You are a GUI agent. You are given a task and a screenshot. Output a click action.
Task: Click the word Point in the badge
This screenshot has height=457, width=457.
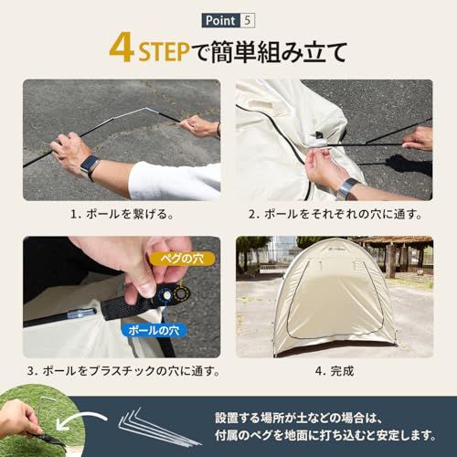click(x=220, y=21)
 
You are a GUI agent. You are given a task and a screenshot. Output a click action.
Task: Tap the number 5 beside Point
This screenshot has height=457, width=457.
click(x=247, y=21)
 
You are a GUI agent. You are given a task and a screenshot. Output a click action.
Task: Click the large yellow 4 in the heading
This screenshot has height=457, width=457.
click(x=122, y=49)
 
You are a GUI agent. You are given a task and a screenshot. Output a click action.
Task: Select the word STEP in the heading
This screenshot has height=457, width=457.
click(x=164, y=52)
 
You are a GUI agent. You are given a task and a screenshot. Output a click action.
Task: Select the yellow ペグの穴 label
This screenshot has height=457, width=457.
click(x=182, y=259)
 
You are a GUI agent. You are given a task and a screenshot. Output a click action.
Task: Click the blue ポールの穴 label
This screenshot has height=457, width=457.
click(x=154, y=330)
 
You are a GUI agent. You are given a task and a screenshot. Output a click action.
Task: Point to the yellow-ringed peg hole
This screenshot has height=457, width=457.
click(x=181, y=293)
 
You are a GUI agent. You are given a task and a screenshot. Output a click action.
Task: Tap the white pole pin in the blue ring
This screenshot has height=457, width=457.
click(x=166, y=295)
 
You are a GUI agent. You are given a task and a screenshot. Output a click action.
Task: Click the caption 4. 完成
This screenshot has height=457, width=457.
click(x=335, y=371)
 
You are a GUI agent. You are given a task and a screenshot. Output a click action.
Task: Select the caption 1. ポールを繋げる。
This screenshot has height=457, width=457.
click(x=122, y=214)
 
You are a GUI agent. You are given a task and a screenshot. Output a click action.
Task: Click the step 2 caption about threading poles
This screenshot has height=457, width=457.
click(x=335, y=214)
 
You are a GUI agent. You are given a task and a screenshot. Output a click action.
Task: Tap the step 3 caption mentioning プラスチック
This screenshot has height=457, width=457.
click(x=122, y=371)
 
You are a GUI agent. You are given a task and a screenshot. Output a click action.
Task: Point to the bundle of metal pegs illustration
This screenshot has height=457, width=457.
click(x=158, y=428)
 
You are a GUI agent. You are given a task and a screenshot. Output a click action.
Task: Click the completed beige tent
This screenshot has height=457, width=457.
click(x=335, y=297)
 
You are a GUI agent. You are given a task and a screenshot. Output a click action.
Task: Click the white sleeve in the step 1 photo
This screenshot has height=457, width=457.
click(x=174, y=181)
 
